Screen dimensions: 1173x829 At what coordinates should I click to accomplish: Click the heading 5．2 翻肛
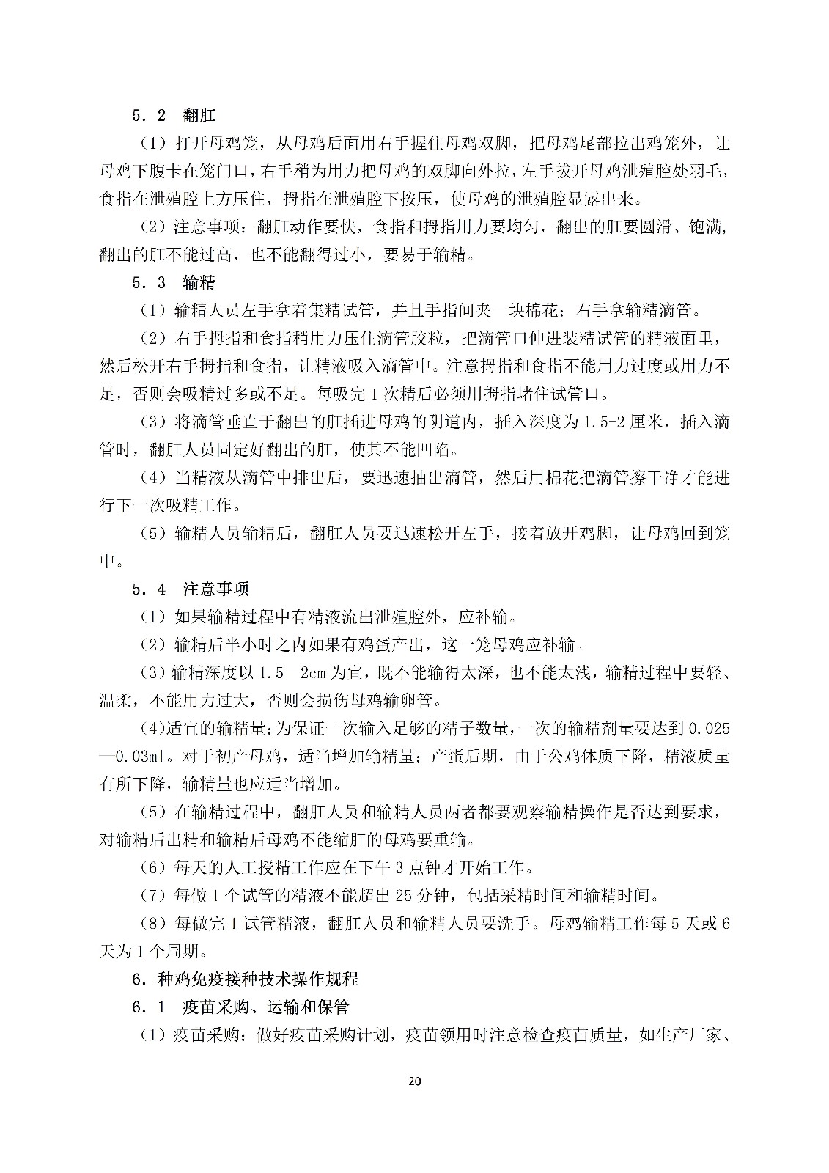pyautogui.click(x=174, y=115)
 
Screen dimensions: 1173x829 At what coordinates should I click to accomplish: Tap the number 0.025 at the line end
pyautogui.click(x=709, y=729)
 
